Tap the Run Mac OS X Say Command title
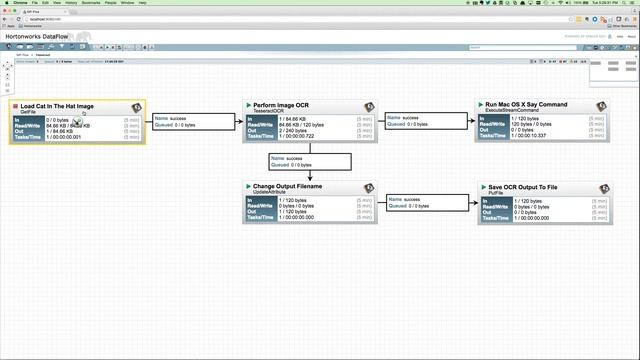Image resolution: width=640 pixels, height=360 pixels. [526, 104]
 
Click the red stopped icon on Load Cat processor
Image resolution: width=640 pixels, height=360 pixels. [15, 105]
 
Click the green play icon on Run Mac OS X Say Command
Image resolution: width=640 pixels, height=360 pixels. [480, 104]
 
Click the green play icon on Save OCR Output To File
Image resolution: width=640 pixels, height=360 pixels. [480, 185]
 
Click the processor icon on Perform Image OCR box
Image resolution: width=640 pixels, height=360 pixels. [369, 106]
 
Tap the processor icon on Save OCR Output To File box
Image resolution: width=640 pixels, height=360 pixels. [601, 187]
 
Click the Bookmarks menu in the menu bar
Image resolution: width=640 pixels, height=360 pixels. [91, 3]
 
